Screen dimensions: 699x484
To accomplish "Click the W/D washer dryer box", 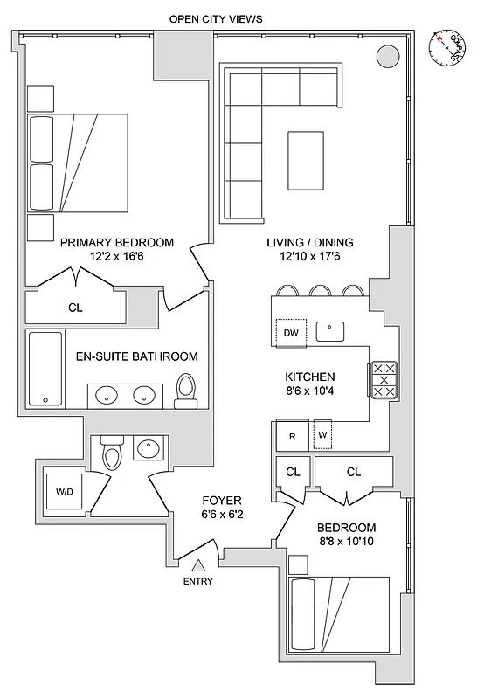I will tap(66, 491).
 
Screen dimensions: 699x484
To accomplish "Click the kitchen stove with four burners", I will tap(384, 380).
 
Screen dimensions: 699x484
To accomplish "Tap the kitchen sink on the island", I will tap(330, 331).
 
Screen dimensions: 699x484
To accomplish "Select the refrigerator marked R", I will tap(292, 434).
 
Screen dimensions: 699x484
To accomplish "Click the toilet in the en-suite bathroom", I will tap(186, 391).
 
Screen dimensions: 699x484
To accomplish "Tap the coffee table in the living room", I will tap(306, 159).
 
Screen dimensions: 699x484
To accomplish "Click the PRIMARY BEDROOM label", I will tap(116, 243).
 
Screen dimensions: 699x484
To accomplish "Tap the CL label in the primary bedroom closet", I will tap(75, 308).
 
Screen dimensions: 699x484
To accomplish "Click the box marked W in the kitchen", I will tap(322, 434).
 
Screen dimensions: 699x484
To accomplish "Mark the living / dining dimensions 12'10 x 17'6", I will tap(309, 257).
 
